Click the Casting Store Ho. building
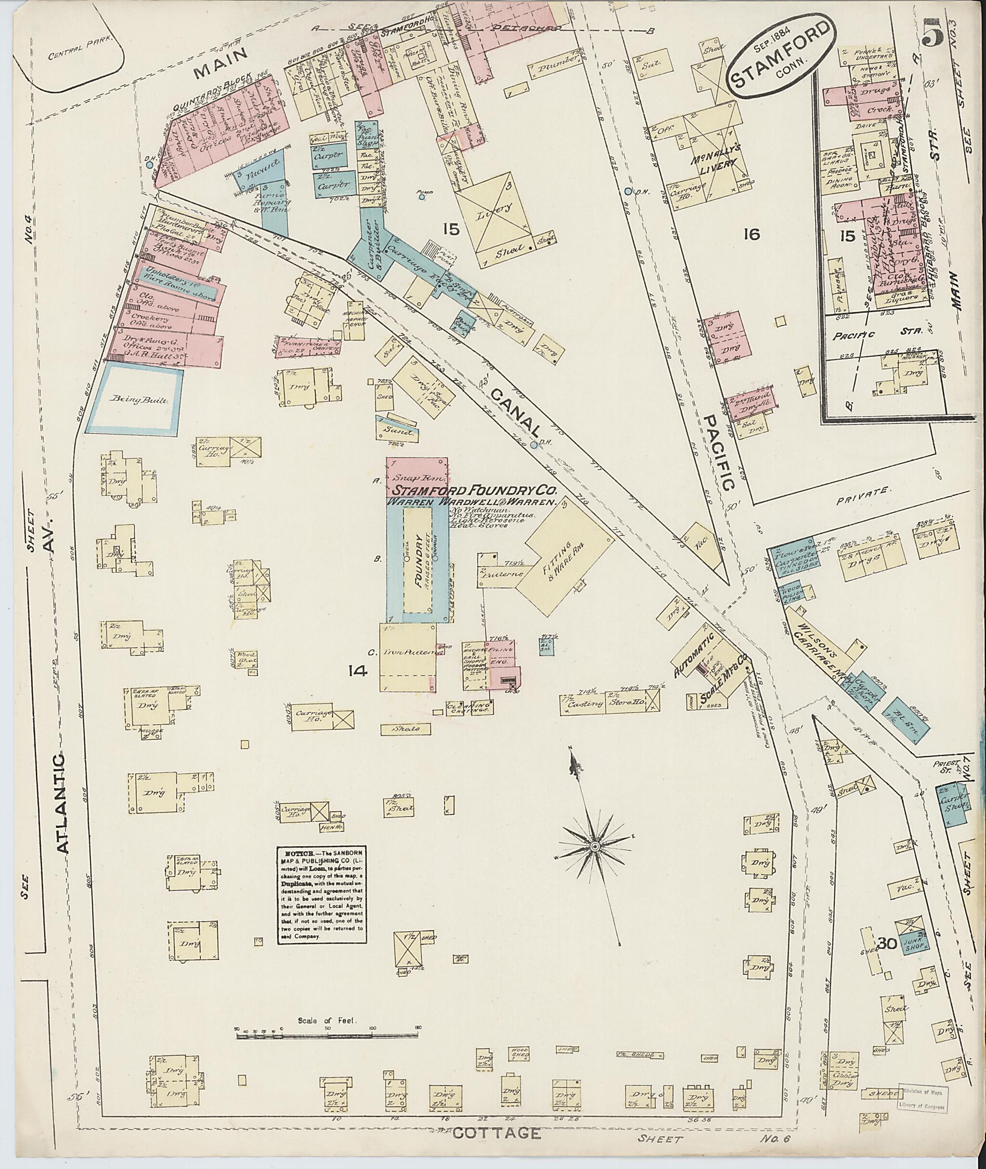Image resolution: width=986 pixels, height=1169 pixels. [x=609, y=704]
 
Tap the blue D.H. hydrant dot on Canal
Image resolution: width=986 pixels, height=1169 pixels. [x=534, y=445]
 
